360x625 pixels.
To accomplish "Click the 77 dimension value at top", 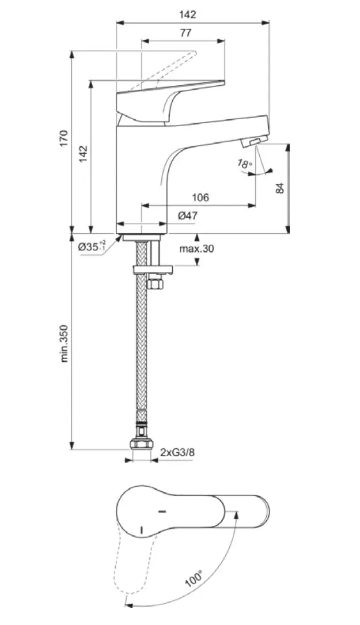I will click(x=185, y=33).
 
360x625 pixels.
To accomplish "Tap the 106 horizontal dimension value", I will click(x=200, y=198).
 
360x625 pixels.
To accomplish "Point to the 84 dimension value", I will click(x=279, y=188).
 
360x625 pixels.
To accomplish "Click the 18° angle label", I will click(x=244, y=164).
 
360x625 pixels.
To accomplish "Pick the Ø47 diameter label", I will click(x=188, y=215).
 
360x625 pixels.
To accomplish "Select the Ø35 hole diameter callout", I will click(x=92, y=247).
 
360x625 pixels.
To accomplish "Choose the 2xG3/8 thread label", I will click(x=177, y=452).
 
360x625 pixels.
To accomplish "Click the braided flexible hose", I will click(x=141, y=346).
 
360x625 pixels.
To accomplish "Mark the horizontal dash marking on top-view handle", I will click(x=161, y=511).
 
